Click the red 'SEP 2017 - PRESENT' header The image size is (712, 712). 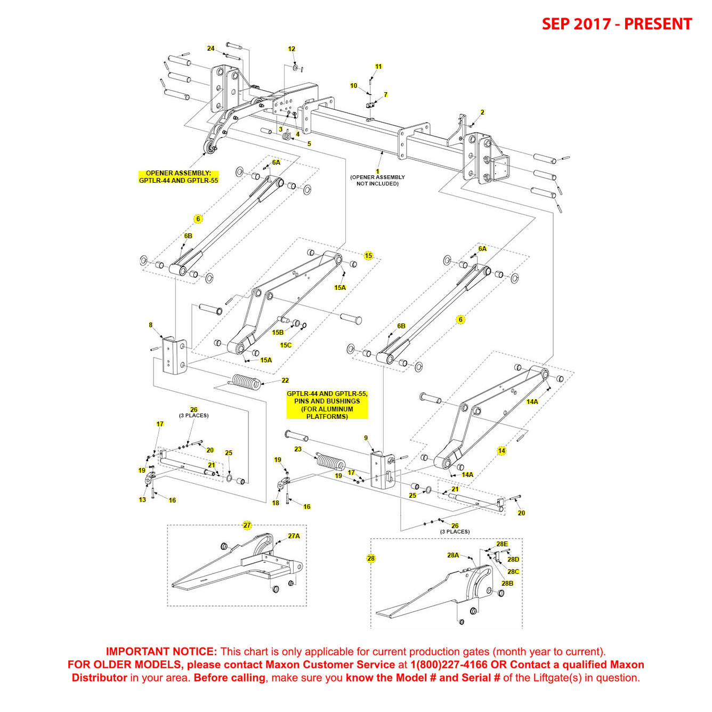coord(617,24)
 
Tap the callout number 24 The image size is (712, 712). coord(211,48)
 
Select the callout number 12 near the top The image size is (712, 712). coord(292,49)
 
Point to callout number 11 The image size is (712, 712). coord(378,67)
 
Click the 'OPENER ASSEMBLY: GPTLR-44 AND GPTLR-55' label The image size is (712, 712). coord(179,177)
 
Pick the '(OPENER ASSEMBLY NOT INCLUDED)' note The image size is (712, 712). coord(377,181)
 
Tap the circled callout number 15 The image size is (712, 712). coord(368,256)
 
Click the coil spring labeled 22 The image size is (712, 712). coord(246,382)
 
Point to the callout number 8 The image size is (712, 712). coord(151,325)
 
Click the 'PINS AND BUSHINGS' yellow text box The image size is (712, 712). coord(327,405)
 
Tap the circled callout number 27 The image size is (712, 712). coord(247,525)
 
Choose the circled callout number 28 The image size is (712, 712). coord(371,559)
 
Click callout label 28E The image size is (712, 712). coord(502,544)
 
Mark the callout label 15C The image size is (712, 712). coord(286,345)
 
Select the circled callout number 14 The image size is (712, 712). coord(501,451)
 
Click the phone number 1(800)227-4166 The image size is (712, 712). coord(449,665)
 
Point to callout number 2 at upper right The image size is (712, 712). coord(482,112)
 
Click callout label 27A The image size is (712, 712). coord(294,536)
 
